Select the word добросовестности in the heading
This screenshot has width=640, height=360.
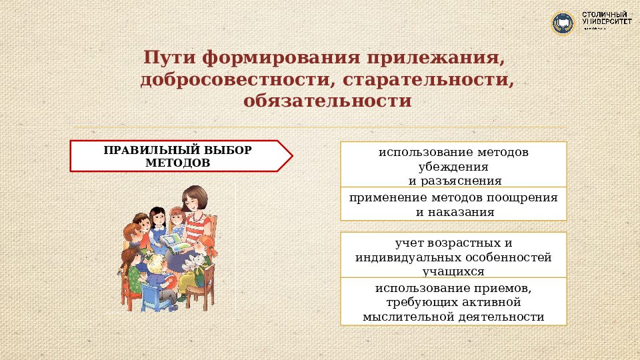pos(229,80)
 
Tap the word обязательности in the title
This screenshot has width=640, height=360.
pos(327,102)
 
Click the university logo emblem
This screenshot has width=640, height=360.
pos(563,23)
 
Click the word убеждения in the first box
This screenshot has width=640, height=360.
pos(453,167)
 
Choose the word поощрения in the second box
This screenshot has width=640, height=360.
pos(523,198)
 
